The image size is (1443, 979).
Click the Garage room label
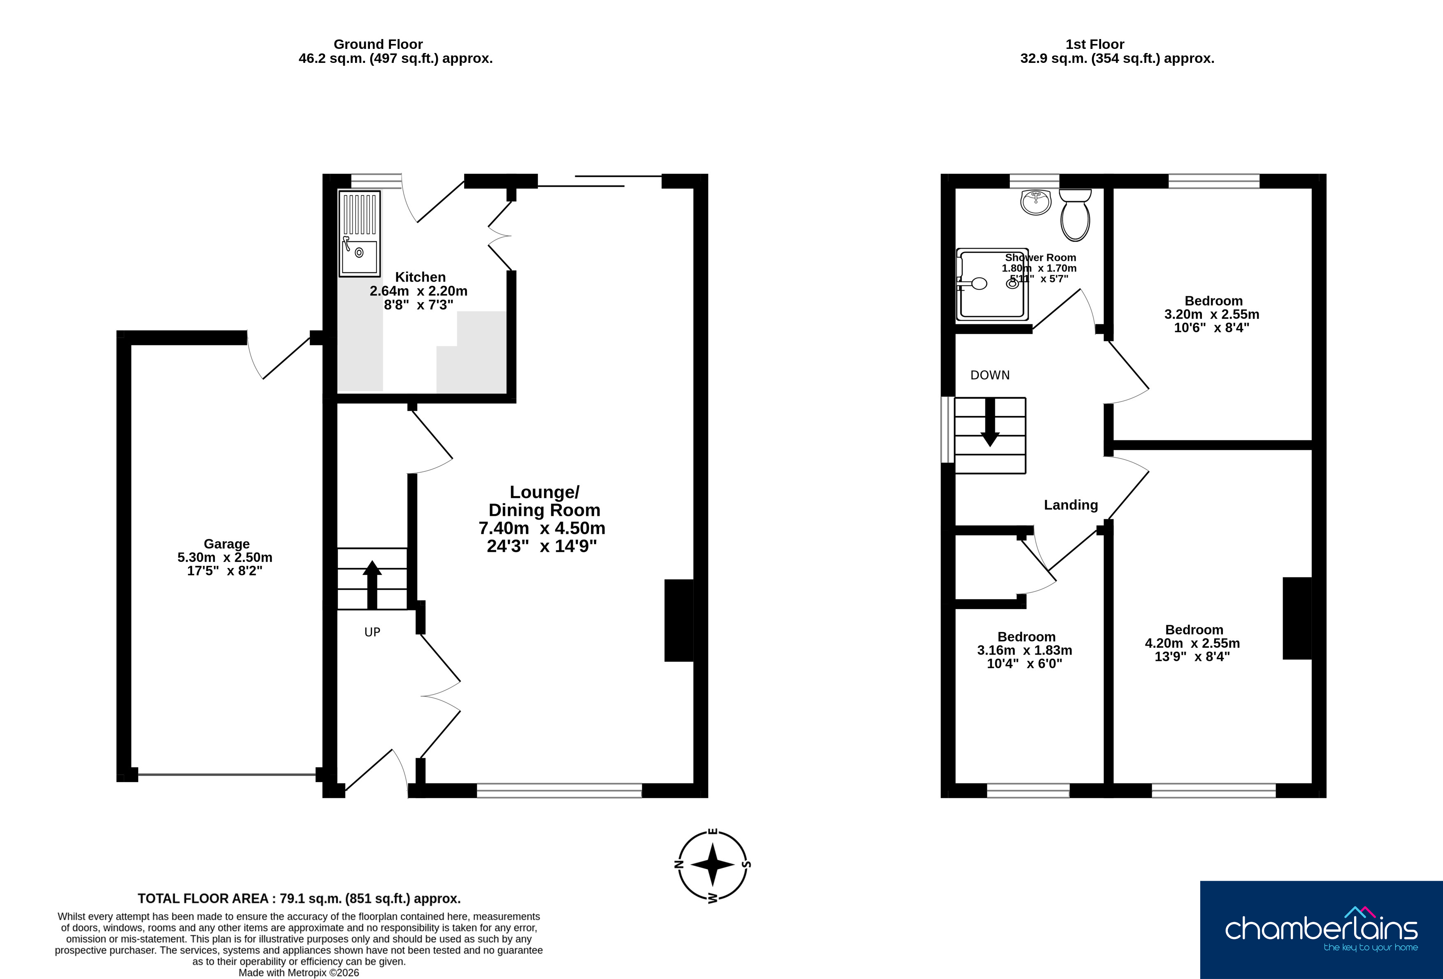pos(227,544)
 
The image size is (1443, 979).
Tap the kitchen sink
pos(359,233)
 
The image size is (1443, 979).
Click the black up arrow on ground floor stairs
pos(372,584)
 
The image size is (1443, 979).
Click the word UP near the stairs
pos(372,632)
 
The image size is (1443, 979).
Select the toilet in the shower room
pos(1076,215)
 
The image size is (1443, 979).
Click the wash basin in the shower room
pos(1035,202)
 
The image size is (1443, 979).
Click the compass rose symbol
pos(713,864)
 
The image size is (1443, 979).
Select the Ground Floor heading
pos(378,44)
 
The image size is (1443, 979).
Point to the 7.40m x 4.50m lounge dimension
pos(542,528)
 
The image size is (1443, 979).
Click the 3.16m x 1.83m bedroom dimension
pos(1025,650)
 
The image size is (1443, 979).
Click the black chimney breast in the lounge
pos(679,621)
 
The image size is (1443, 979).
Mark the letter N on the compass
pos(679,864)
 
